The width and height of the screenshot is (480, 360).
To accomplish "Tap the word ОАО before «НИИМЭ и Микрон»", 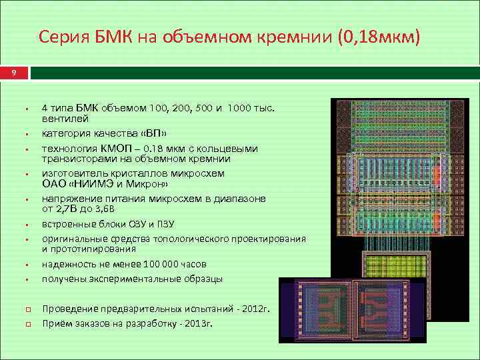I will click(54, 183).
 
